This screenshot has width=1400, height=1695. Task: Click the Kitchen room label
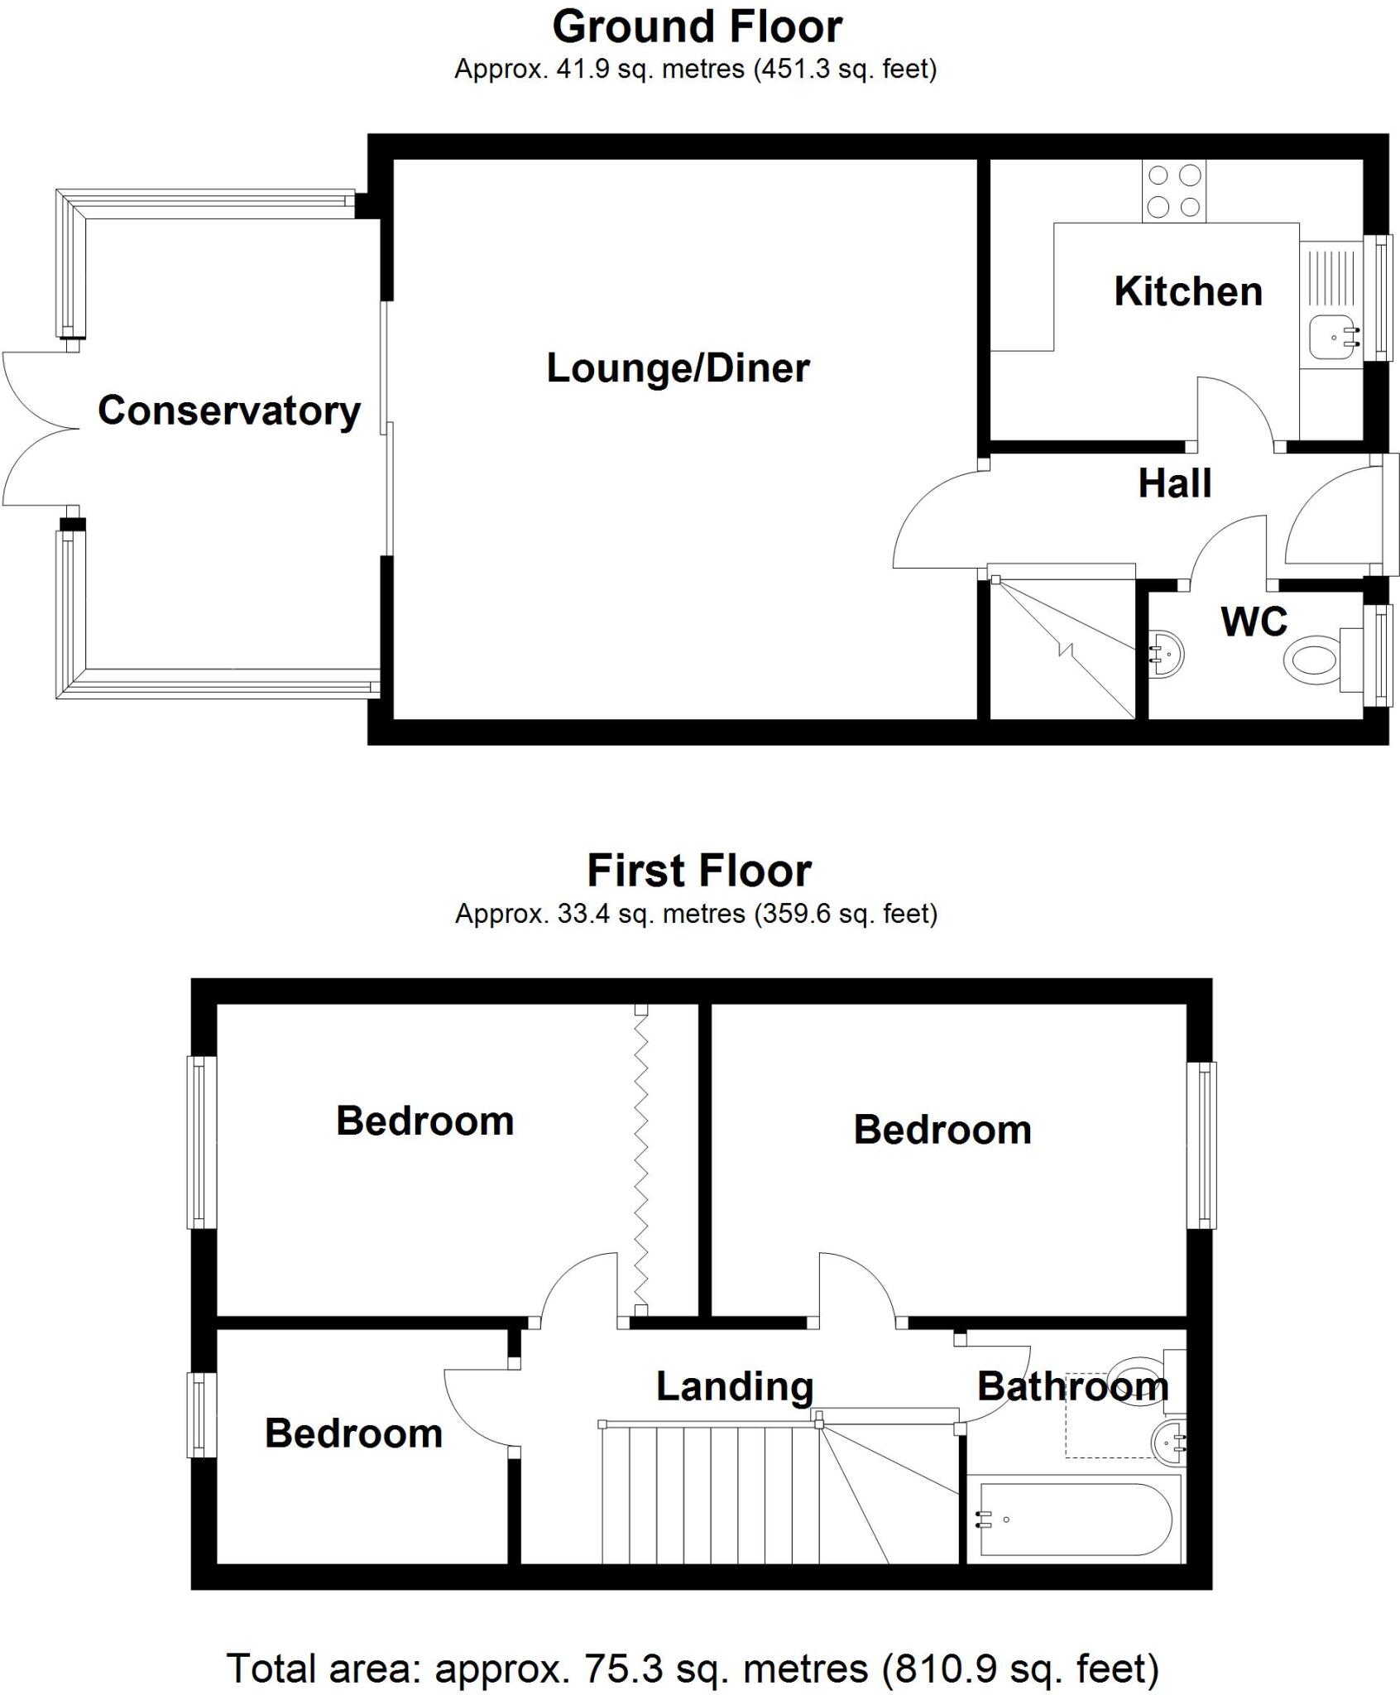click(x=1187, y=291)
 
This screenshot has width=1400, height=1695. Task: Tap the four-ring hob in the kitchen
click(x=1173, y=191)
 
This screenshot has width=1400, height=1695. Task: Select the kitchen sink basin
click(x=1333, y=338)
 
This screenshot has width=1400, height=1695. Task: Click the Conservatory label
click(x=229, y=411)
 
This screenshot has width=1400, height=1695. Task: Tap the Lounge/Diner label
click(x=678, y=368)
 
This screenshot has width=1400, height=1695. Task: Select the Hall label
click(x=1174, y=483)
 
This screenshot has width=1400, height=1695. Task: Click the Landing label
click(x=735, y=1385)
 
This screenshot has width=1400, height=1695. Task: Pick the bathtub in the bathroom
click(x=1075, y=1520)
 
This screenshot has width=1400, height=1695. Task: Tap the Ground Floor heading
click(x=697, y=27)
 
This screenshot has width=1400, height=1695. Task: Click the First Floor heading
click(x=699, y=871)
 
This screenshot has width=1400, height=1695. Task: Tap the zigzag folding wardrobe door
click(x=640, y=1159)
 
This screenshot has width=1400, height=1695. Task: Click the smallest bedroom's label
click(x=353, y=1433)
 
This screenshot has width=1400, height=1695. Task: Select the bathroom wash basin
click(x=1168, y=1441)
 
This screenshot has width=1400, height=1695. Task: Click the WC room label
click(x=1254, y=621)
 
